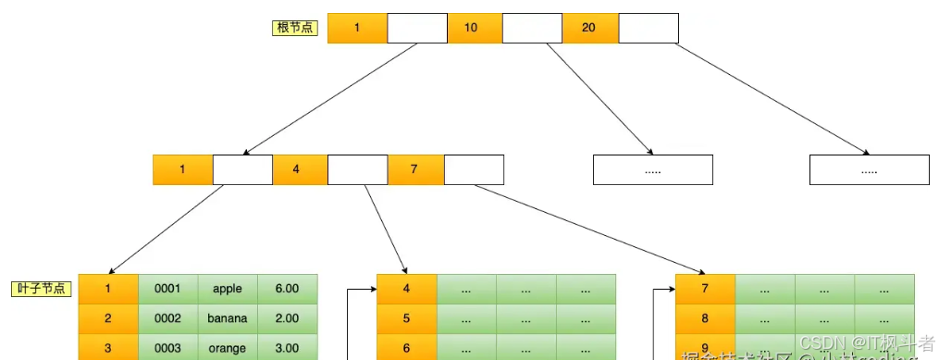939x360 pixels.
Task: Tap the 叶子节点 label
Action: click(42, 289)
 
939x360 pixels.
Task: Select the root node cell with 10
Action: click(472, 28)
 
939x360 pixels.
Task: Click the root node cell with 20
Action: click(589, 28)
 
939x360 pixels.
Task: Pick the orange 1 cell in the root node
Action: click(357, 28)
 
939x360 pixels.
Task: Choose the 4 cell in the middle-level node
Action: click(297, 169)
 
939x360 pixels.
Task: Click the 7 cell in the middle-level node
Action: click(414, 169)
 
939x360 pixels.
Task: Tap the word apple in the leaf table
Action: click(228, 289)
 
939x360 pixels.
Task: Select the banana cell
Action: click(228, 318)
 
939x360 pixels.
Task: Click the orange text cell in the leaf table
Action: click(228, 348)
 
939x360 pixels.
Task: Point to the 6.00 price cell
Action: click(287, 289)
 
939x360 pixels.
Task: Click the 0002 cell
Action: click(167, 318)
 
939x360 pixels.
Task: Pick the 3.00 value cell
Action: click(287, 348)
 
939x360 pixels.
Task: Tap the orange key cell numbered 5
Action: click(406, 318)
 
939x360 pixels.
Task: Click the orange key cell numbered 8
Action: click(705, 318)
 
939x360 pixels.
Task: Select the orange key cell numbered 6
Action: click(406, 348)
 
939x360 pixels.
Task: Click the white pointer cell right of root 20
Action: click(648, 28)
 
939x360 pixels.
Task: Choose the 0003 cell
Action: click(167, 348)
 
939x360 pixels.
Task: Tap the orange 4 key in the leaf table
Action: click(406, 289)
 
